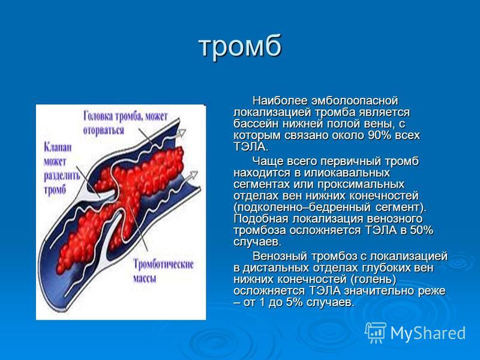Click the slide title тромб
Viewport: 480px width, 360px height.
click(240, 46)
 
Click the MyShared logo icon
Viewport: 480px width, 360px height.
click(376, 332)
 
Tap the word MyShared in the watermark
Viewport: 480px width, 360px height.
click(428, 332)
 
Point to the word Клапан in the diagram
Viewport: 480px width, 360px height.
click(58, 147)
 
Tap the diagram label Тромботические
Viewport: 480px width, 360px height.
click(163, 264)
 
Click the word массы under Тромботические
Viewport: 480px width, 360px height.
click(145, 279)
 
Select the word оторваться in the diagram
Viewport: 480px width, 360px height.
click(103, 130)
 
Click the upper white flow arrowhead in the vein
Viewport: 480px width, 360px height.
click(182, 133)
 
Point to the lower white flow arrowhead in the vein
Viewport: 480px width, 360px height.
click(193, 175)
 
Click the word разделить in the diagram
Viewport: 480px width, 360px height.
click(62, 176)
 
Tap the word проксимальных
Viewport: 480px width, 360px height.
click(361, 184)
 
